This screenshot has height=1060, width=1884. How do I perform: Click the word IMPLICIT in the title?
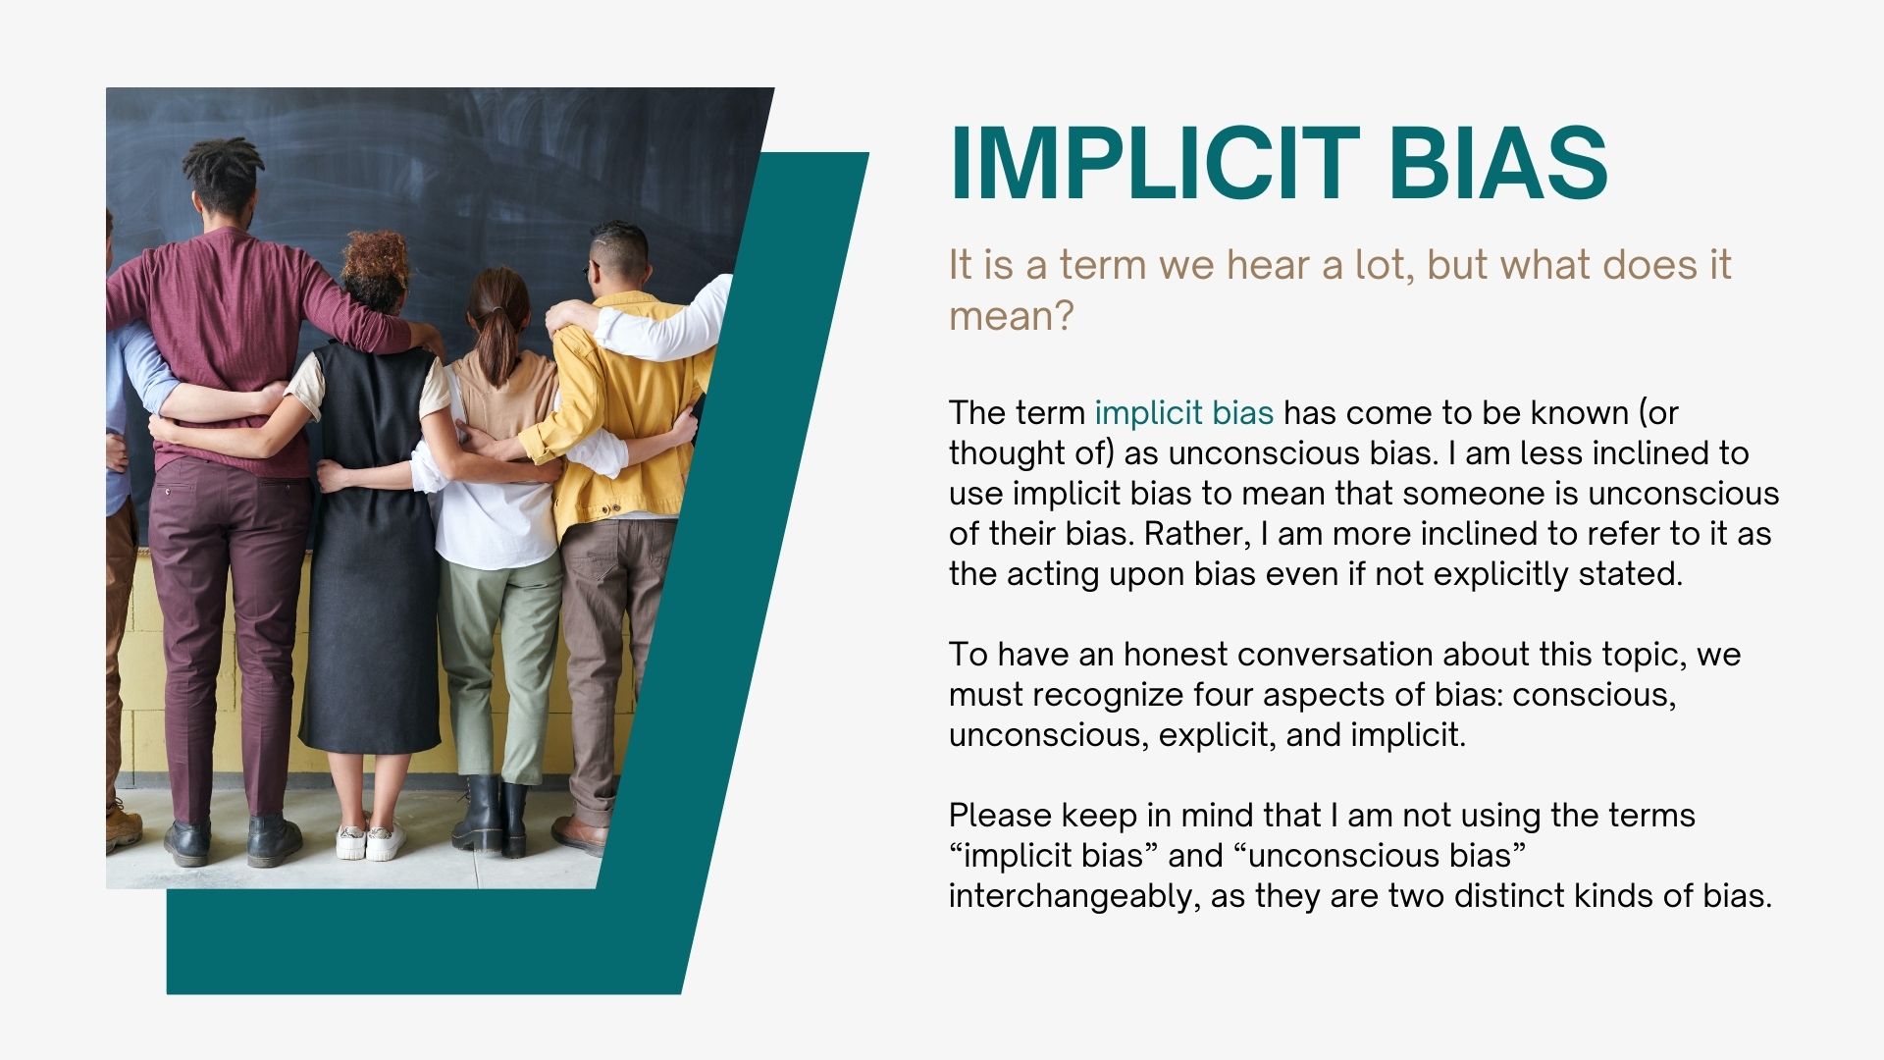1154,163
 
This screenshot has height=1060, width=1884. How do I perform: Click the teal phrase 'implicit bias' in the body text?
1184,413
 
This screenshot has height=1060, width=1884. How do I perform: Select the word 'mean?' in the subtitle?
1012,316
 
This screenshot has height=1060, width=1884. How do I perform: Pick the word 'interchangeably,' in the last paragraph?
1074,896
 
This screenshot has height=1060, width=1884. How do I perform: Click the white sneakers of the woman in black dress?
371,842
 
